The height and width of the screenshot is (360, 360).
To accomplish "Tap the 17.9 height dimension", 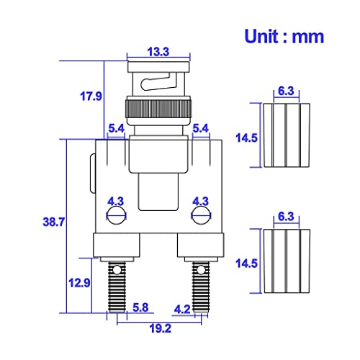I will pos(91,94).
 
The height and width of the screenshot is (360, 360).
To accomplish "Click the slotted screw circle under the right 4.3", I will pos(200,215).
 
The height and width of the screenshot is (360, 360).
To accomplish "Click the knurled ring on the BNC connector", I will pos(158,110).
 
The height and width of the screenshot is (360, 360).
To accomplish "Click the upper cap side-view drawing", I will pos(286,135).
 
